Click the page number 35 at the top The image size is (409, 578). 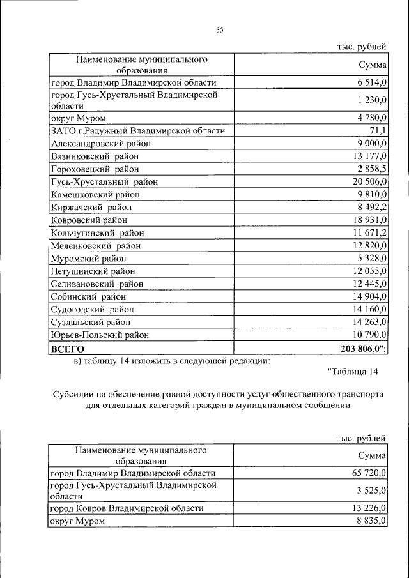point(219,30)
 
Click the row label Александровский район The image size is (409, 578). point(93,143)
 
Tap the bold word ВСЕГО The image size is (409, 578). point(68,348)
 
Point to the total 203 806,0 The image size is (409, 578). point(360,348)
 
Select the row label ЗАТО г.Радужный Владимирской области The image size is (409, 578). point(138,130)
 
